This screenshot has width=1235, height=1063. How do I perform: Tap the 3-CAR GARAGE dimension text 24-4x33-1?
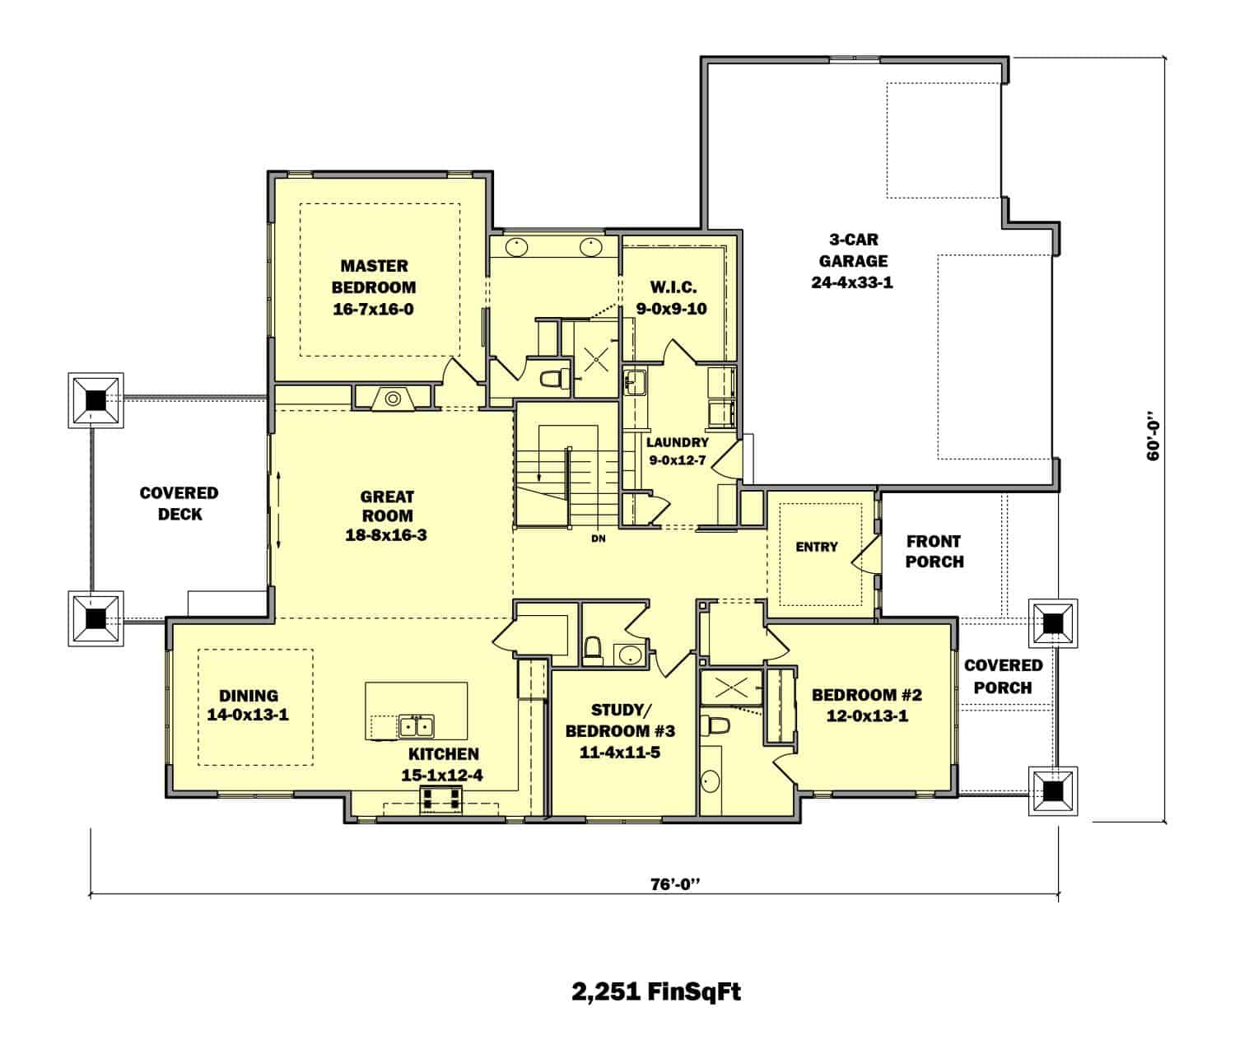[x=853, y=282]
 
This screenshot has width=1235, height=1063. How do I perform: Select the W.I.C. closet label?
[x=673, y=287]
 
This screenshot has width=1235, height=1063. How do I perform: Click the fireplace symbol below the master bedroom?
[x=393, y=399]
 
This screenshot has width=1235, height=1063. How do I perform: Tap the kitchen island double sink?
[x=417, y=726]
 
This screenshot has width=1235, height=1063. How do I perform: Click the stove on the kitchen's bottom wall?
[x=442, y=798]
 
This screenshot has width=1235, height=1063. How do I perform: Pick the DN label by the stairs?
[x=599, y=539]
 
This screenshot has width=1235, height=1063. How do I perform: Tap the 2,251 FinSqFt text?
[x=656, y=991]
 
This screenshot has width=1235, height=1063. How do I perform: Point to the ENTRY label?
[x=816, y=547]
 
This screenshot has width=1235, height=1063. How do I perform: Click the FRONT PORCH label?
[x=934, y=552]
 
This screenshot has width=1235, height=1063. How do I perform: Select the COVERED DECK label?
[x=179, y=503]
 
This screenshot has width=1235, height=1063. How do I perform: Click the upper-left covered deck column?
[x=96, y=400]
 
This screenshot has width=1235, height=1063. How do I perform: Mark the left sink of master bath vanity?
[x=516, y=245]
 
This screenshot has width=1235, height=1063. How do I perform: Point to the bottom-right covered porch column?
[x=1053, y=791]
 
